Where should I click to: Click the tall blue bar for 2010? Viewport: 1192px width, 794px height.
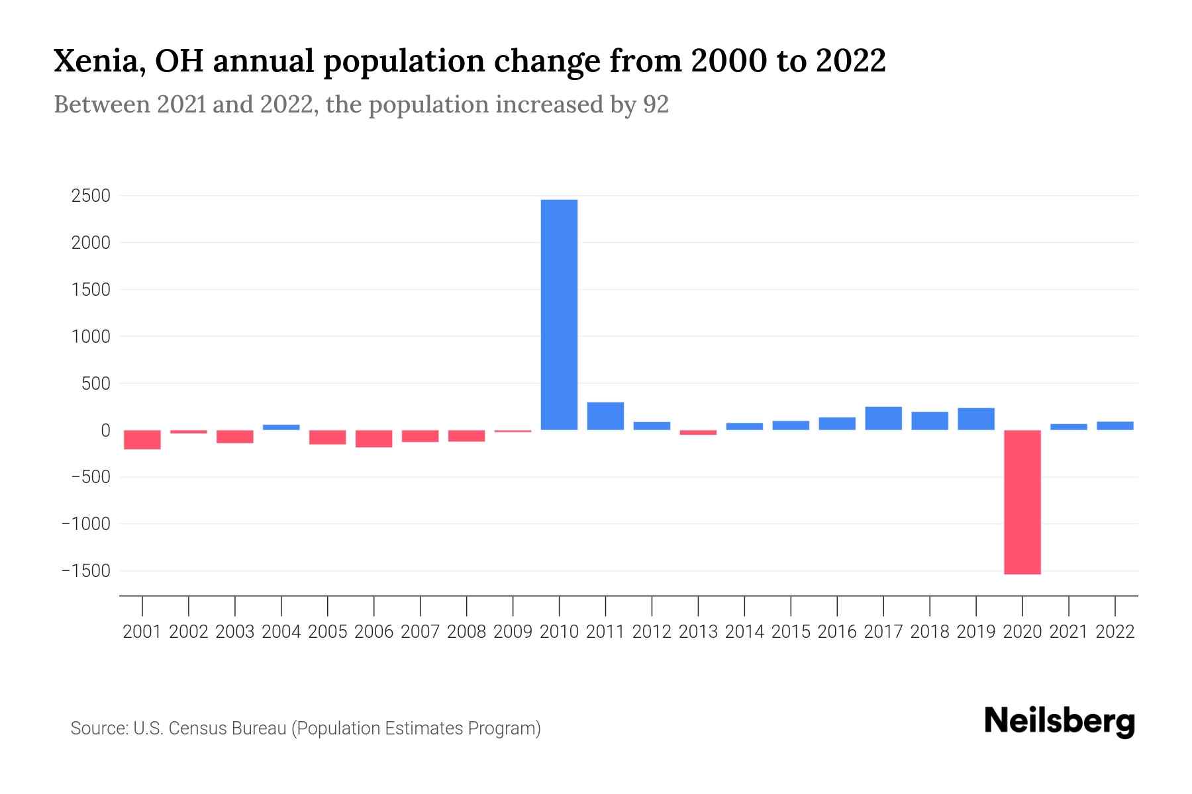point(559,314)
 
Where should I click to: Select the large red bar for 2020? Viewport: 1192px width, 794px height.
point(1022,502)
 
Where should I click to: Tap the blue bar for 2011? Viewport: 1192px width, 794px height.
point(605,416)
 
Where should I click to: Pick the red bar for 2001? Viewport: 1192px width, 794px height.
point(142,439)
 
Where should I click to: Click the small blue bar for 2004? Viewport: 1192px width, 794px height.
point(281,427)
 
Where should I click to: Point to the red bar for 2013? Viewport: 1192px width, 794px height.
point(698,432)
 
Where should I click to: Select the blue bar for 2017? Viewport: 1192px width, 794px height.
point(883,418)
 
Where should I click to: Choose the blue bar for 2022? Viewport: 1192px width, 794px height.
point(1115,425)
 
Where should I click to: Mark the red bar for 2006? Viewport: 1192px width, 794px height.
point(374,438)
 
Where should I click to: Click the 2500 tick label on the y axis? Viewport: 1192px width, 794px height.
point(91,196)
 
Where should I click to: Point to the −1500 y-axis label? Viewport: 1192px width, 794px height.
point(85,570)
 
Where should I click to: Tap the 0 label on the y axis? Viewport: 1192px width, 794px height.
point(105,430)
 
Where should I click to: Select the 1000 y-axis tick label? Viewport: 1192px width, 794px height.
point(91,336)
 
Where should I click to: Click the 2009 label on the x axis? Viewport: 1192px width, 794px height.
point(513,632)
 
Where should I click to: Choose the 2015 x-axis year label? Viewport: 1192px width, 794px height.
point(791,632)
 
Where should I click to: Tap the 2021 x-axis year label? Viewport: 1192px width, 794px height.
point(1068,632)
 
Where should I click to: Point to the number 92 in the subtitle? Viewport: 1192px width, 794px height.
point(656,105)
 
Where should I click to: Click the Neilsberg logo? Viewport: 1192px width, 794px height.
point(1059,721)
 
